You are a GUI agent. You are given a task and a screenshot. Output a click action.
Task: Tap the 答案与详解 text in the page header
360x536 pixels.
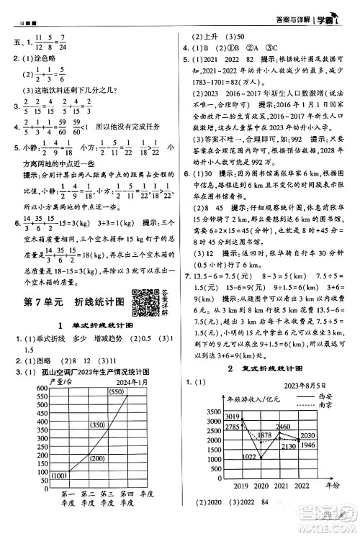289,9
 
